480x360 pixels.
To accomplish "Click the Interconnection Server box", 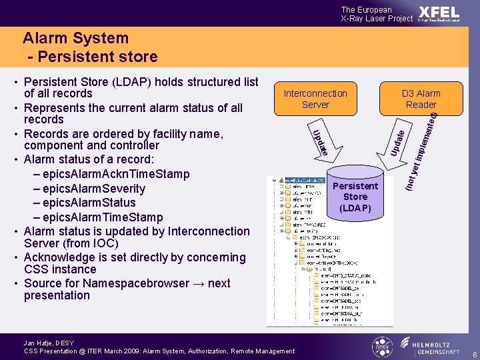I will pos(315,99).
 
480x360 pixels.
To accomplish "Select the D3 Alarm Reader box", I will pos(421,99).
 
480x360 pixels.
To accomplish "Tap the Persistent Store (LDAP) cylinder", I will pos(355,197).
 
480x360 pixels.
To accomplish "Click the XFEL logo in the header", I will pos(439,13).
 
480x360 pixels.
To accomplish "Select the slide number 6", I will pos(473,353).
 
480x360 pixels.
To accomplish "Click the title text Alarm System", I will pos(75,39).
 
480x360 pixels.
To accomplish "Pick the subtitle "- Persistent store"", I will pos(93,57).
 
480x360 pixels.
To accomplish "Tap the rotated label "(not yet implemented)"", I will pos(424,150).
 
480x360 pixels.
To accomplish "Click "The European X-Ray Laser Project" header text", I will pos(377,14).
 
